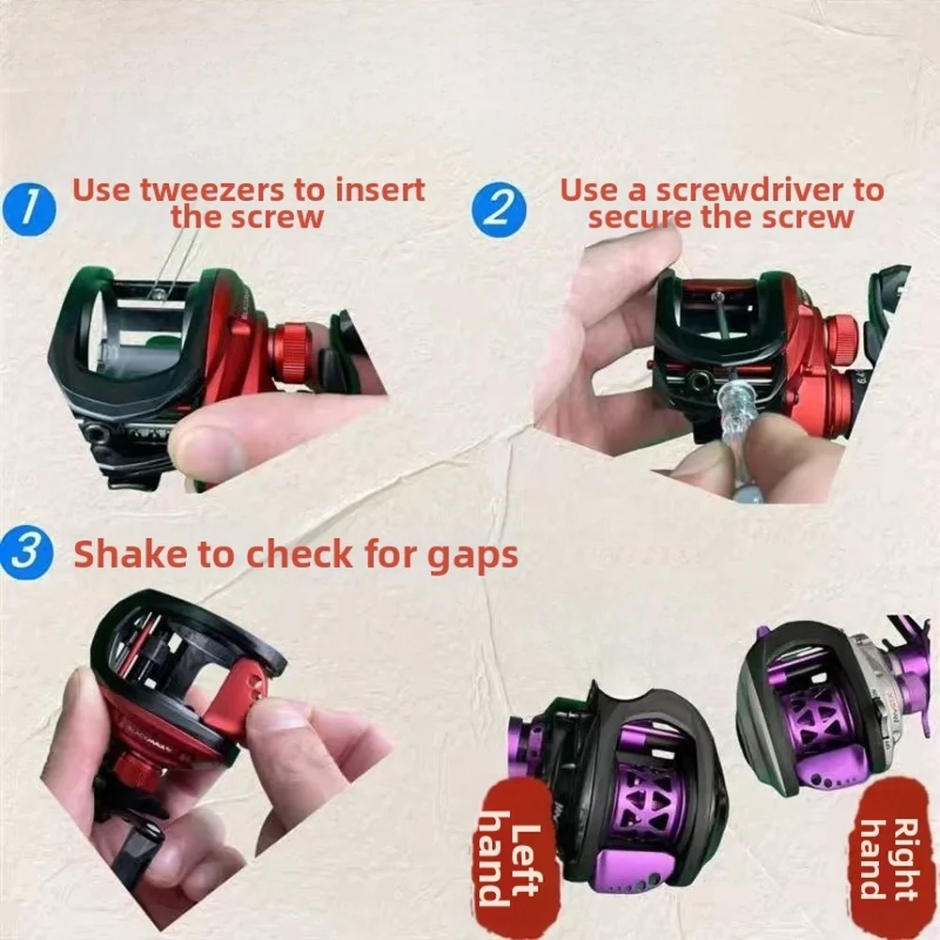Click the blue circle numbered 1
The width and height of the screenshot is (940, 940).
(28, 209)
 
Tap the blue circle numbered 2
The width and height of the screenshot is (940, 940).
(499, 209)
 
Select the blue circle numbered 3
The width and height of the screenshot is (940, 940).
(27, 553)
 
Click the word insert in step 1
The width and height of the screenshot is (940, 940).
(379, 190)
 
